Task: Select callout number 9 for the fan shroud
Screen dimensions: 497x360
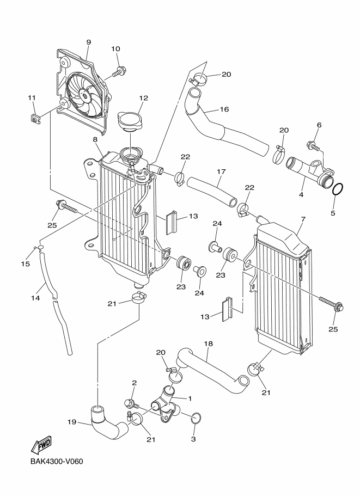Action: click(88, 42)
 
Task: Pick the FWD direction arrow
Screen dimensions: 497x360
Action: click(41, 447)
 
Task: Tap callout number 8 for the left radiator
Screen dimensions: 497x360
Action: click(95, 140)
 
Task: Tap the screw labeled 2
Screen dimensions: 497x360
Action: click(131, 403)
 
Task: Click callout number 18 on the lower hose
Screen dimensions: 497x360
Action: click(208, 344)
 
